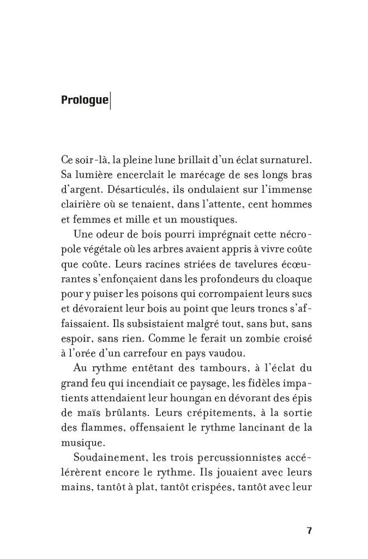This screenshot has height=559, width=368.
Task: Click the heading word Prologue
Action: (x=84, y=101)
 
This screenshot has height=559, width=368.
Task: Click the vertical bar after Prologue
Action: (x=111, y=101)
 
